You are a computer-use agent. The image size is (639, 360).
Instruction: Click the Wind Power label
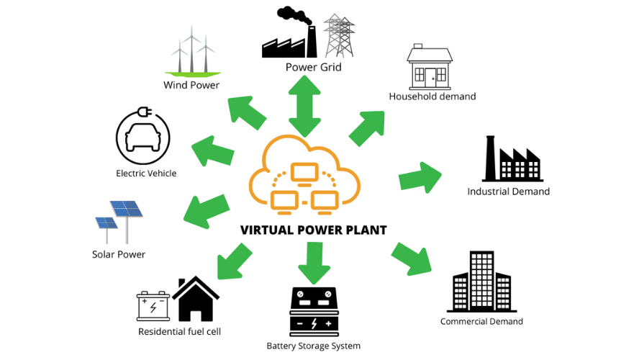(x=191, y=85)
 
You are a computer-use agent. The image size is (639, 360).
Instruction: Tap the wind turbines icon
(x=191, y=52)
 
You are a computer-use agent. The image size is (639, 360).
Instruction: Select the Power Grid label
(x=313, y=68)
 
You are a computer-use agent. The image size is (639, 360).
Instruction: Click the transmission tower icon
(x=339, y=35)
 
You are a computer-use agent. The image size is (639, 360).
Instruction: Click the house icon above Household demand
(x=430, y=66)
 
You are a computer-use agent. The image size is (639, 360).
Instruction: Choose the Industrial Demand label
(x=508, y=192)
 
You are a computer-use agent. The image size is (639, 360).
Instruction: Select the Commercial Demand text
(x=481, y=321)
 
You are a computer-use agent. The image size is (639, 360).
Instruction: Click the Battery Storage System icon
(x=313, y=312)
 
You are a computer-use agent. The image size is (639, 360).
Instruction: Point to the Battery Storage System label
(x=313, y=346)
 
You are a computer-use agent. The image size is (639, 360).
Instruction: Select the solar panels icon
(x=119, y=220)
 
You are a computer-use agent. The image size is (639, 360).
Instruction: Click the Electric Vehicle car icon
(x=142, y=136)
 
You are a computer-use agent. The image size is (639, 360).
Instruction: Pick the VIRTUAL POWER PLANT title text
(x=313, y=230)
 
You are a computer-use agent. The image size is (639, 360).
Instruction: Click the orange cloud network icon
(x=304, y=177)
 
